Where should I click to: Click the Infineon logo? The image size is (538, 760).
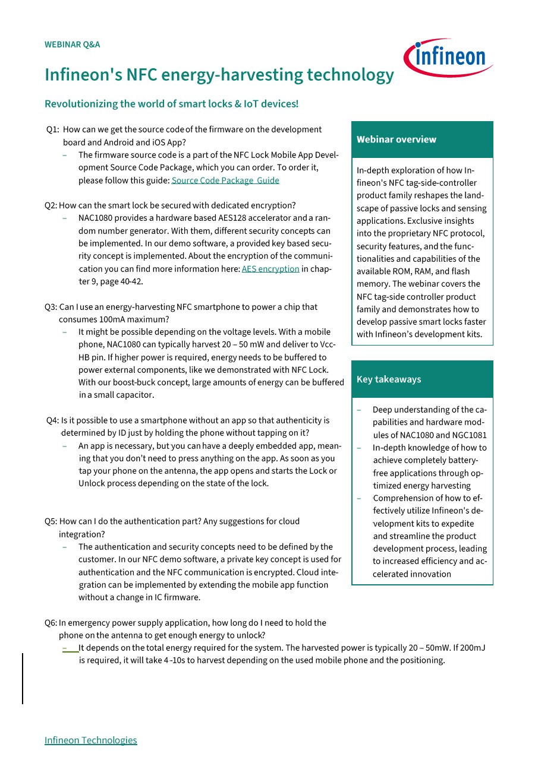pyautogui.click(x=448, y=58)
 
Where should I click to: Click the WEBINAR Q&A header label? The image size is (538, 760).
pyautogui.click(x=72, y=45)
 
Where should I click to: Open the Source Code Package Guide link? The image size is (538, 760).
pyautogui.click(x=225, y=180)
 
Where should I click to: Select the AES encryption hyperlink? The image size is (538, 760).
pyautogui.click(x=270, y=269)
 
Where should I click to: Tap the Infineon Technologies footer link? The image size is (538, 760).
pyautogui.click(x=90, y=740)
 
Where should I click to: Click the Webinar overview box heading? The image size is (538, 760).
pyautogui.click(x=397, y=140)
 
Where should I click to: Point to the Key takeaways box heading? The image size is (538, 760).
pyautogui.click(x=389, y=379)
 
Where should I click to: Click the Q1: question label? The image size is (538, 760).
pyautogui.click(x=52, y=129)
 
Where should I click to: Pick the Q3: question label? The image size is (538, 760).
pyautogui.click(x=51, y=307)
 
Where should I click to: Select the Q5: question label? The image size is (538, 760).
pyautogui.click(x=51, y=521)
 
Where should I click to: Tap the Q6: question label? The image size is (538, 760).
pyautogui.click(x=51, y=623)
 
